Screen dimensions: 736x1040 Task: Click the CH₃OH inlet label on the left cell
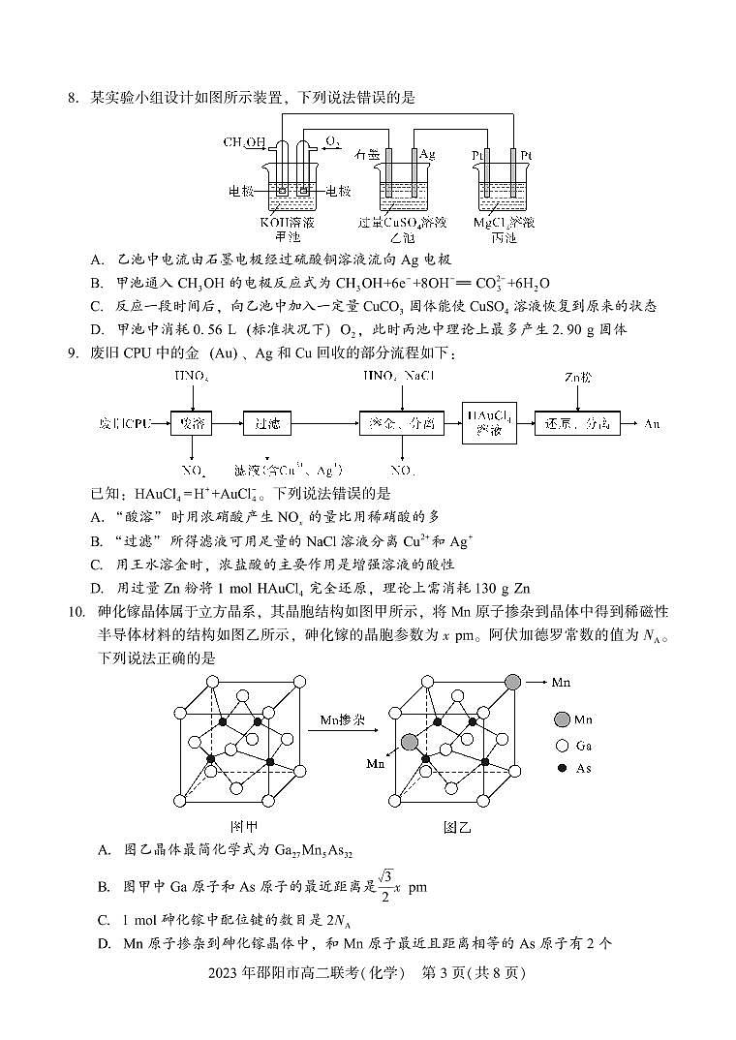243,142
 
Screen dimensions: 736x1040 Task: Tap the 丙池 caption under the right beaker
504,236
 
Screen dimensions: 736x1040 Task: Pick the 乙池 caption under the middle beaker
401,236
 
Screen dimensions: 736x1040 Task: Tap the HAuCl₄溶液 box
487,422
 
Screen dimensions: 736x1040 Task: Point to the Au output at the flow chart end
655,423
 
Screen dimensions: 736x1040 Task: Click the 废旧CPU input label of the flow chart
125,424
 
